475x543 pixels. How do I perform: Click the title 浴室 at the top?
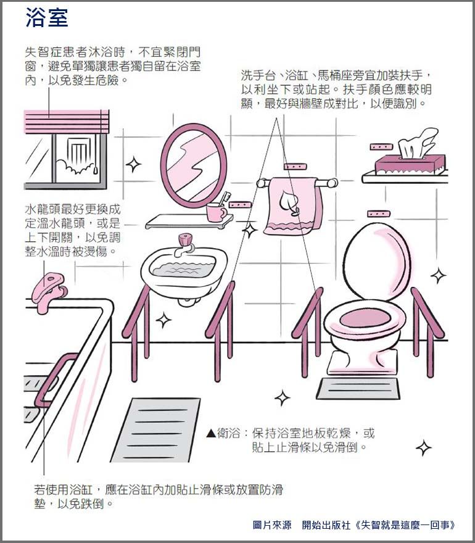(x=47, y=17)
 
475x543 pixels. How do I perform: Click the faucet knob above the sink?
(x=186, y=239)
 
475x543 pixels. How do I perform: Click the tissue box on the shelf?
(x=410, y=164)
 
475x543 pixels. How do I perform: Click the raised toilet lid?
(x=378, y=261)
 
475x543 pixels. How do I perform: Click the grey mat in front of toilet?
(x=358, y=388)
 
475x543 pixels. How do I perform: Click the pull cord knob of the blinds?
(x=96, y=170)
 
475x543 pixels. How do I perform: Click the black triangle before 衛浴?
(x=211, y=433)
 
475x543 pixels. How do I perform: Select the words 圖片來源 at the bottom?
(x=272, y=525)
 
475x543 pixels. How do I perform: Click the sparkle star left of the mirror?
(x=133, y=165)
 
